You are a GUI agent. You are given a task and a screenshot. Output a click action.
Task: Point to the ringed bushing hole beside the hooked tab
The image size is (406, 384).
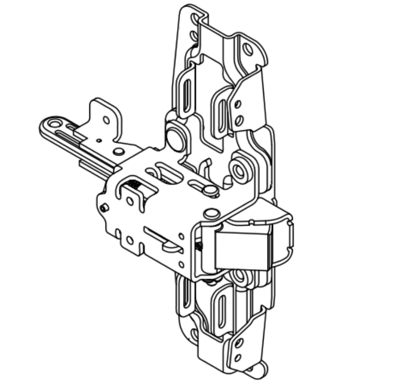pos(238,169)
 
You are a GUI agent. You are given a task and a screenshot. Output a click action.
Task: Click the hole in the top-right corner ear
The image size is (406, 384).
pos(248,49)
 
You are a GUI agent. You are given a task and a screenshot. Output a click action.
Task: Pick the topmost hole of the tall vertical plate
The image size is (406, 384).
pos(195,20)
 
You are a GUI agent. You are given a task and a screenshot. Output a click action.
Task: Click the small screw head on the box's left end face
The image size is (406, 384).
pos(104,208)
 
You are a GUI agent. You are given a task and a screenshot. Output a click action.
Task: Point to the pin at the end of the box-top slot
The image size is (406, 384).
pos(210,190)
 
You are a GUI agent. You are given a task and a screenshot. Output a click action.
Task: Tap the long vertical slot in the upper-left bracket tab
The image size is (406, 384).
pos(187,91)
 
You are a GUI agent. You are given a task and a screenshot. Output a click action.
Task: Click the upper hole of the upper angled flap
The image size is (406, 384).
pos(237,104)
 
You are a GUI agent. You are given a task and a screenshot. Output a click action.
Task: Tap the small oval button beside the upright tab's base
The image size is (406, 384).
pos(118,151)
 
